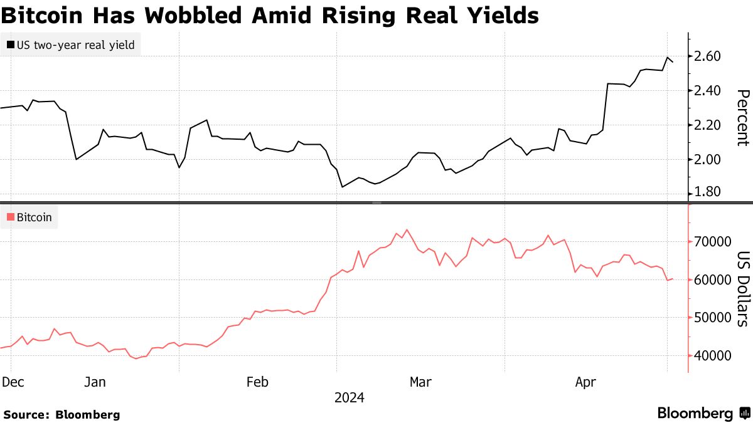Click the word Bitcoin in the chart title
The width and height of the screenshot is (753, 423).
click(42, 15)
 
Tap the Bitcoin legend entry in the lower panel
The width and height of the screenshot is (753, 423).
click(31, 218)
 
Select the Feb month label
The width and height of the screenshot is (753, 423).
click(258, 382)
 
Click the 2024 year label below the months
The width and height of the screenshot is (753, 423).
click(349, 397)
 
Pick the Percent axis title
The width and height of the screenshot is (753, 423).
click(742, 117)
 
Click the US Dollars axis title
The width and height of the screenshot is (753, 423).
click(742, 289)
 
